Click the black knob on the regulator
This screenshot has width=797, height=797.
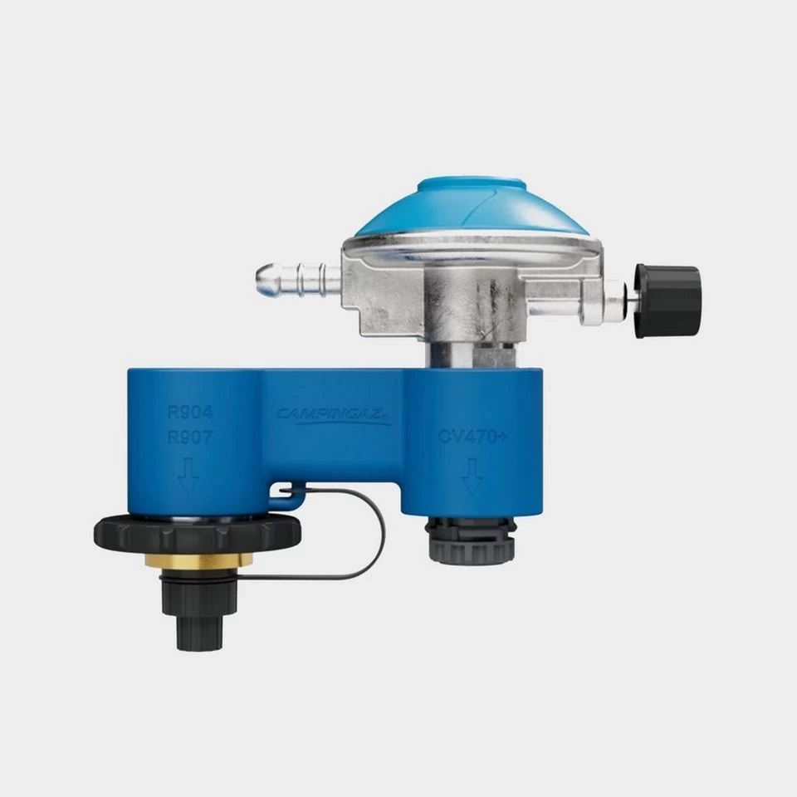(x=667, y=301)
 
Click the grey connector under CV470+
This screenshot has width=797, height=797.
(x=472, y=540)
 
